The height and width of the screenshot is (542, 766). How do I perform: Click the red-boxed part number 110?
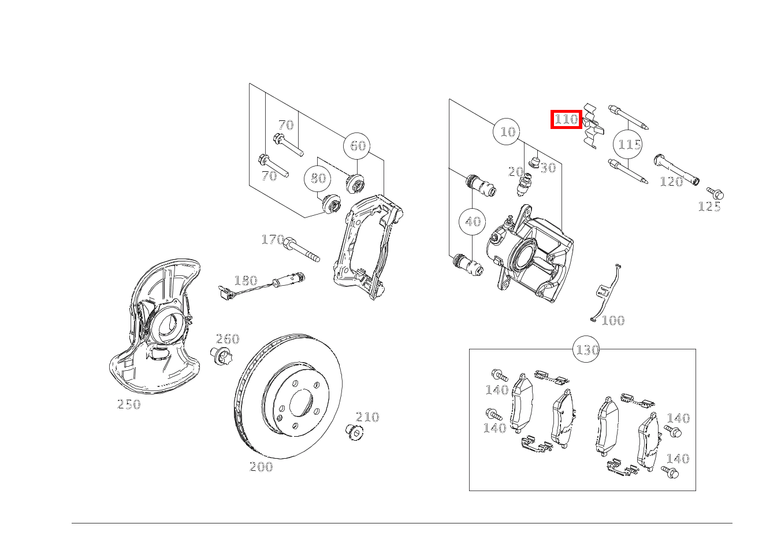coord(566,120)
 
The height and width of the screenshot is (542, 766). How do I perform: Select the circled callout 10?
coord(507,131)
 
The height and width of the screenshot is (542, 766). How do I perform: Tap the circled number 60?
coord(357,146)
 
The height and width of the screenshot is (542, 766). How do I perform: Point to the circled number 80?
coord(317,178)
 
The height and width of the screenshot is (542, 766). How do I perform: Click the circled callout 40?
coord(473,222)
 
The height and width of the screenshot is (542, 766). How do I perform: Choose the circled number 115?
coord(628,145)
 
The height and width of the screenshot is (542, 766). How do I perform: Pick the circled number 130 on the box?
coord(586,349)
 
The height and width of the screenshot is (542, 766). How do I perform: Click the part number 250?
coord(129,404)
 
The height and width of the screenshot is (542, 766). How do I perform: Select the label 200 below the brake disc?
coord(261,467)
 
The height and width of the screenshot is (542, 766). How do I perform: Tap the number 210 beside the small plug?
coord(367,417)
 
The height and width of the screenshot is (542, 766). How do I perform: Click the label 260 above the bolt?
coord(228,339)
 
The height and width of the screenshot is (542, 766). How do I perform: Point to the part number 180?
coord(246,281)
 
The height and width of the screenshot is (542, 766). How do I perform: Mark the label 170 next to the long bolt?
coord(273,239)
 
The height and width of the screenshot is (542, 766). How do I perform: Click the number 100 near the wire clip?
coord(613,320)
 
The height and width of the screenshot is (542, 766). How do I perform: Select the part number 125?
coord(709,207)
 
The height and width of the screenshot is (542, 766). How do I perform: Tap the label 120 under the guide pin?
coord(671,182)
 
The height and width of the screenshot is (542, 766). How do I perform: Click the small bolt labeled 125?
coord(715,194)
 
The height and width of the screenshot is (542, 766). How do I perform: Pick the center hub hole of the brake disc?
coord(302,403)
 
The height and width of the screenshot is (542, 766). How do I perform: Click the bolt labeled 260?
coord(221,356)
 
